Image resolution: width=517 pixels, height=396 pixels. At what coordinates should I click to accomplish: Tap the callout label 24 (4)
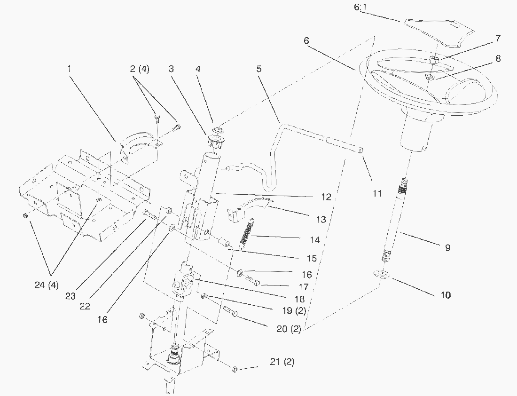(x=46, y=285)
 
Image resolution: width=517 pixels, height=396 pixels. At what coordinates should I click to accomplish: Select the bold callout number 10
(x=446, y=295)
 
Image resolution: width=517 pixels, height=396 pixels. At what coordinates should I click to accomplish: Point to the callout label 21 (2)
(x=282, y=362)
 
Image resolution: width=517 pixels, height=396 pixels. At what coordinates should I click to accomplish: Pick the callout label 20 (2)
(x=289, y=329)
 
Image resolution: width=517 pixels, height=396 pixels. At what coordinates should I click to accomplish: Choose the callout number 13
(x=321, y=220)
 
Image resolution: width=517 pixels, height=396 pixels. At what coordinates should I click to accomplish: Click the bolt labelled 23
(x=150, y=215)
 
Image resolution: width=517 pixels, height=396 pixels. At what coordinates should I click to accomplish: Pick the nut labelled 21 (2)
(x=235, y=369)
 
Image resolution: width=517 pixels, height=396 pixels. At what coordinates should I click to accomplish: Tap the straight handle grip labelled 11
(x=343, y=143)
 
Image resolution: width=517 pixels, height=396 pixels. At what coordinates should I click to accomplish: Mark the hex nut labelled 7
(x=434, y=59)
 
